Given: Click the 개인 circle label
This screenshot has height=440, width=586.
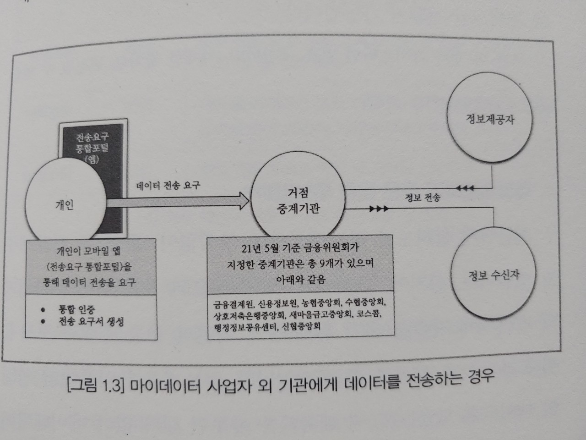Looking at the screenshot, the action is click(65, 205).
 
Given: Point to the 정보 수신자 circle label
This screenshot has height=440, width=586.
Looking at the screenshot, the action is click(494, 275).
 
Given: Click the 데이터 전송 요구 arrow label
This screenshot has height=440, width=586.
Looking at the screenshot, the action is click(168, 186).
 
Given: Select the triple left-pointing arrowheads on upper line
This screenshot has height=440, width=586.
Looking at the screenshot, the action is click(465, 188).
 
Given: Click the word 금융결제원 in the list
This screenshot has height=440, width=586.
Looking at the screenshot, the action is click(232, 304).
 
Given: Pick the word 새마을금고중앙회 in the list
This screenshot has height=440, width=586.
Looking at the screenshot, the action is click(320, 316).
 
